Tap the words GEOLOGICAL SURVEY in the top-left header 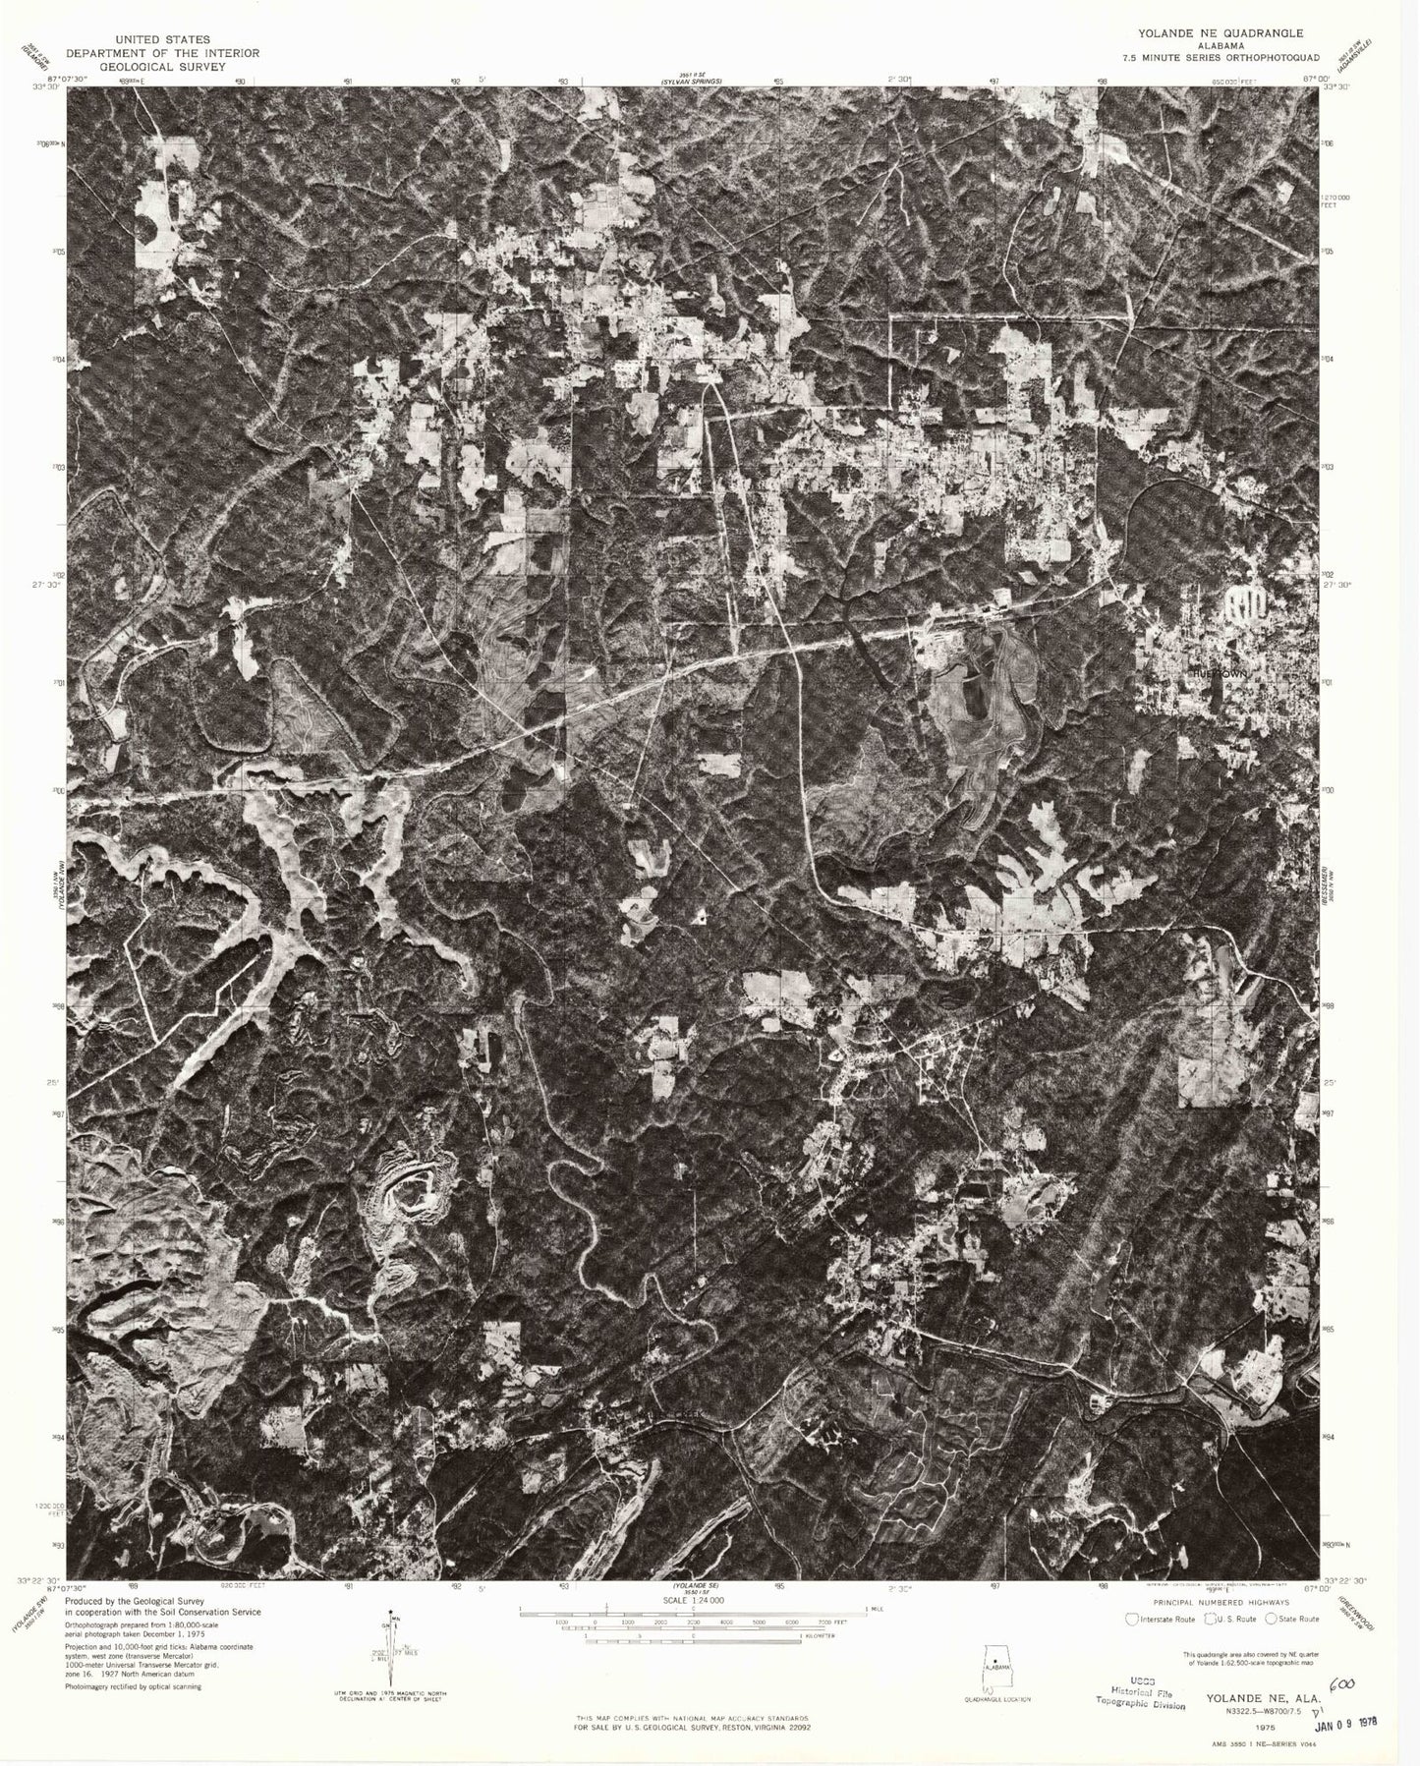click(163, 67)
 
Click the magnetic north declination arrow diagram click(392, 1651)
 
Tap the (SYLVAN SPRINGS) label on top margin click(692, 82)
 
